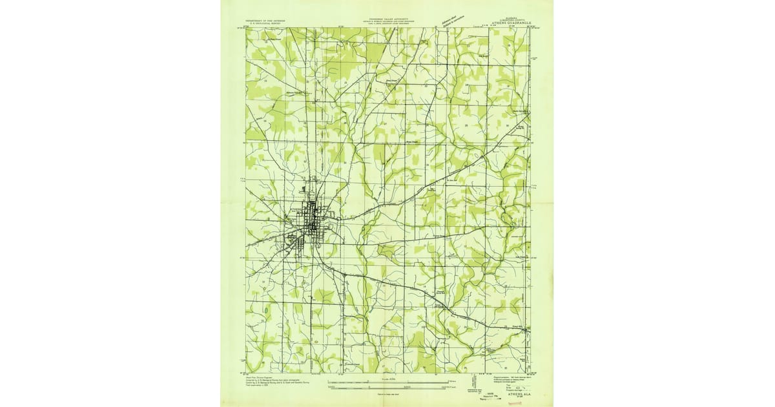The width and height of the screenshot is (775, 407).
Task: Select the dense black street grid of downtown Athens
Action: pyautogui.click(x=311, y=223)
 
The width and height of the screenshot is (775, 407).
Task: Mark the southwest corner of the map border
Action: pyautogui.click(x=245, y=373)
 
